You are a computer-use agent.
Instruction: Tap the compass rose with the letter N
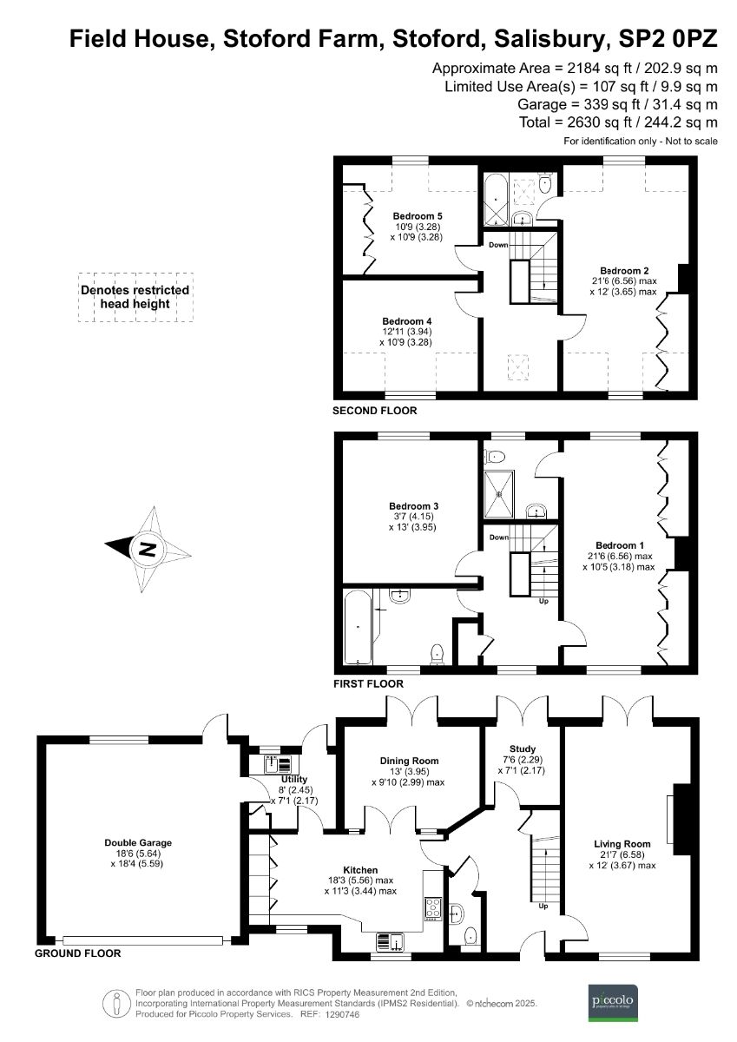tap(148, 548)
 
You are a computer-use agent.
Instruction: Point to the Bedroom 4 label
tap(405, 321)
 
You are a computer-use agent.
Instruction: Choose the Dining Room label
tap(410, 761)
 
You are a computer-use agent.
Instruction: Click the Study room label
tap(523, 749)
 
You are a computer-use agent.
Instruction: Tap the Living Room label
tap(622, 843)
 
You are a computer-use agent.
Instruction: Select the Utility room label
tap(293, 779)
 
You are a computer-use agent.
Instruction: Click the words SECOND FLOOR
tap(374, 411)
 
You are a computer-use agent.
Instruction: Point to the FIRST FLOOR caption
tap(368, 684)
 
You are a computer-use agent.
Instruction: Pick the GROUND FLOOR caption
tap(77, 953)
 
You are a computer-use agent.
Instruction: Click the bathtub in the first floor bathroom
tap(359, 627)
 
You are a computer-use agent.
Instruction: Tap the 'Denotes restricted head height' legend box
tap(135, 297)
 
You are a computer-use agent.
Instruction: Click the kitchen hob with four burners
tap(432, 909)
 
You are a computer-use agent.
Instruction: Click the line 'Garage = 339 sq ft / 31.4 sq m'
tap(617, 104)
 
